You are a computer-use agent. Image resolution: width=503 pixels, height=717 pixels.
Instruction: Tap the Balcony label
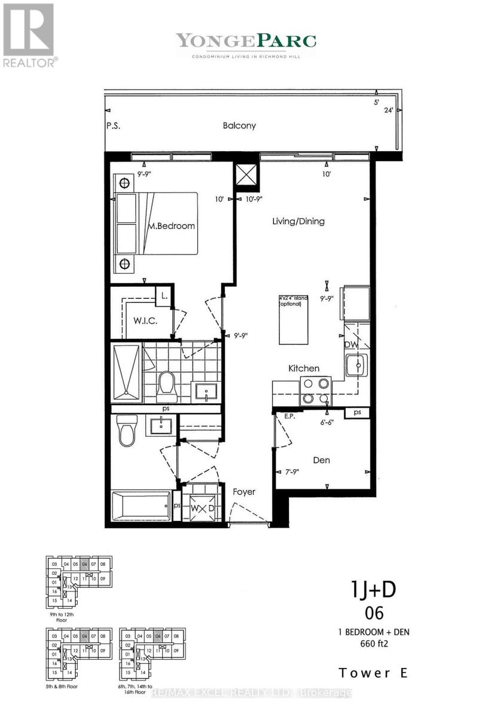[x=239, y=126]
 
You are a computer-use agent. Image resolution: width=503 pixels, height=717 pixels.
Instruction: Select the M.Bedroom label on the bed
[x=172, y=226]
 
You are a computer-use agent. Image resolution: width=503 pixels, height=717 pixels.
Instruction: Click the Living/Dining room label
[x=298, y=222]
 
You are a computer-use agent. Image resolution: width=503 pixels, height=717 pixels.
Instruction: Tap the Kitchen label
[x=304, y=369]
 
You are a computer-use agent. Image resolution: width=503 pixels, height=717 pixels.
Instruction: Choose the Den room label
[x=321, y=461]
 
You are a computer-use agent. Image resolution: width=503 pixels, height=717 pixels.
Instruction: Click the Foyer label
[x=244, y=492]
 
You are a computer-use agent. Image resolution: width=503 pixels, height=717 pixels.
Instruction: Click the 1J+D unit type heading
[x=373, y=591]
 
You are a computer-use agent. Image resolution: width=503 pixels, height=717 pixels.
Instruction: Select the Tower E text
[x=374, y=673]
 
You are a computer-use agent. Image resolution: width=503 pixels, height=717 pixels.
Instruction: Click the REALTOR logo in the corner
[x=29, y=35]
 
